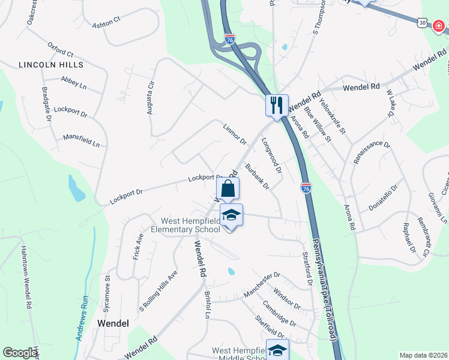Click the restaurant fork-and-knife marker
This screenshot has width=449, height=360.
[277, 105]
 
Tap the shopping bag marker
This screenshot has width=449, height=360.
[228, 188]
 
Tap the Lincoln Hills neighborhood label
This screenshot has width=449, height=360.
[51, 64]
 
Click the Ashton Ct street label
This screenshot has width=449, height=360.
[106, 19]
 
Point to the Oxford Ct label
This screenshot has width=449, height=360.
[60, 49]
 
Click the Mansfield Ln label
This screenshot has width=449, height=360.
[81, 141]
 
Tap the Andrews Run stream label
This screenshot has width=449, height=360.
[83, 318]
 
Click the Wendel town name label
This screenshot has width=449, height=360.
[113, 323]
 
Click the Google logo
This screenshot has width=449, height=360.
[20, 353]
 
